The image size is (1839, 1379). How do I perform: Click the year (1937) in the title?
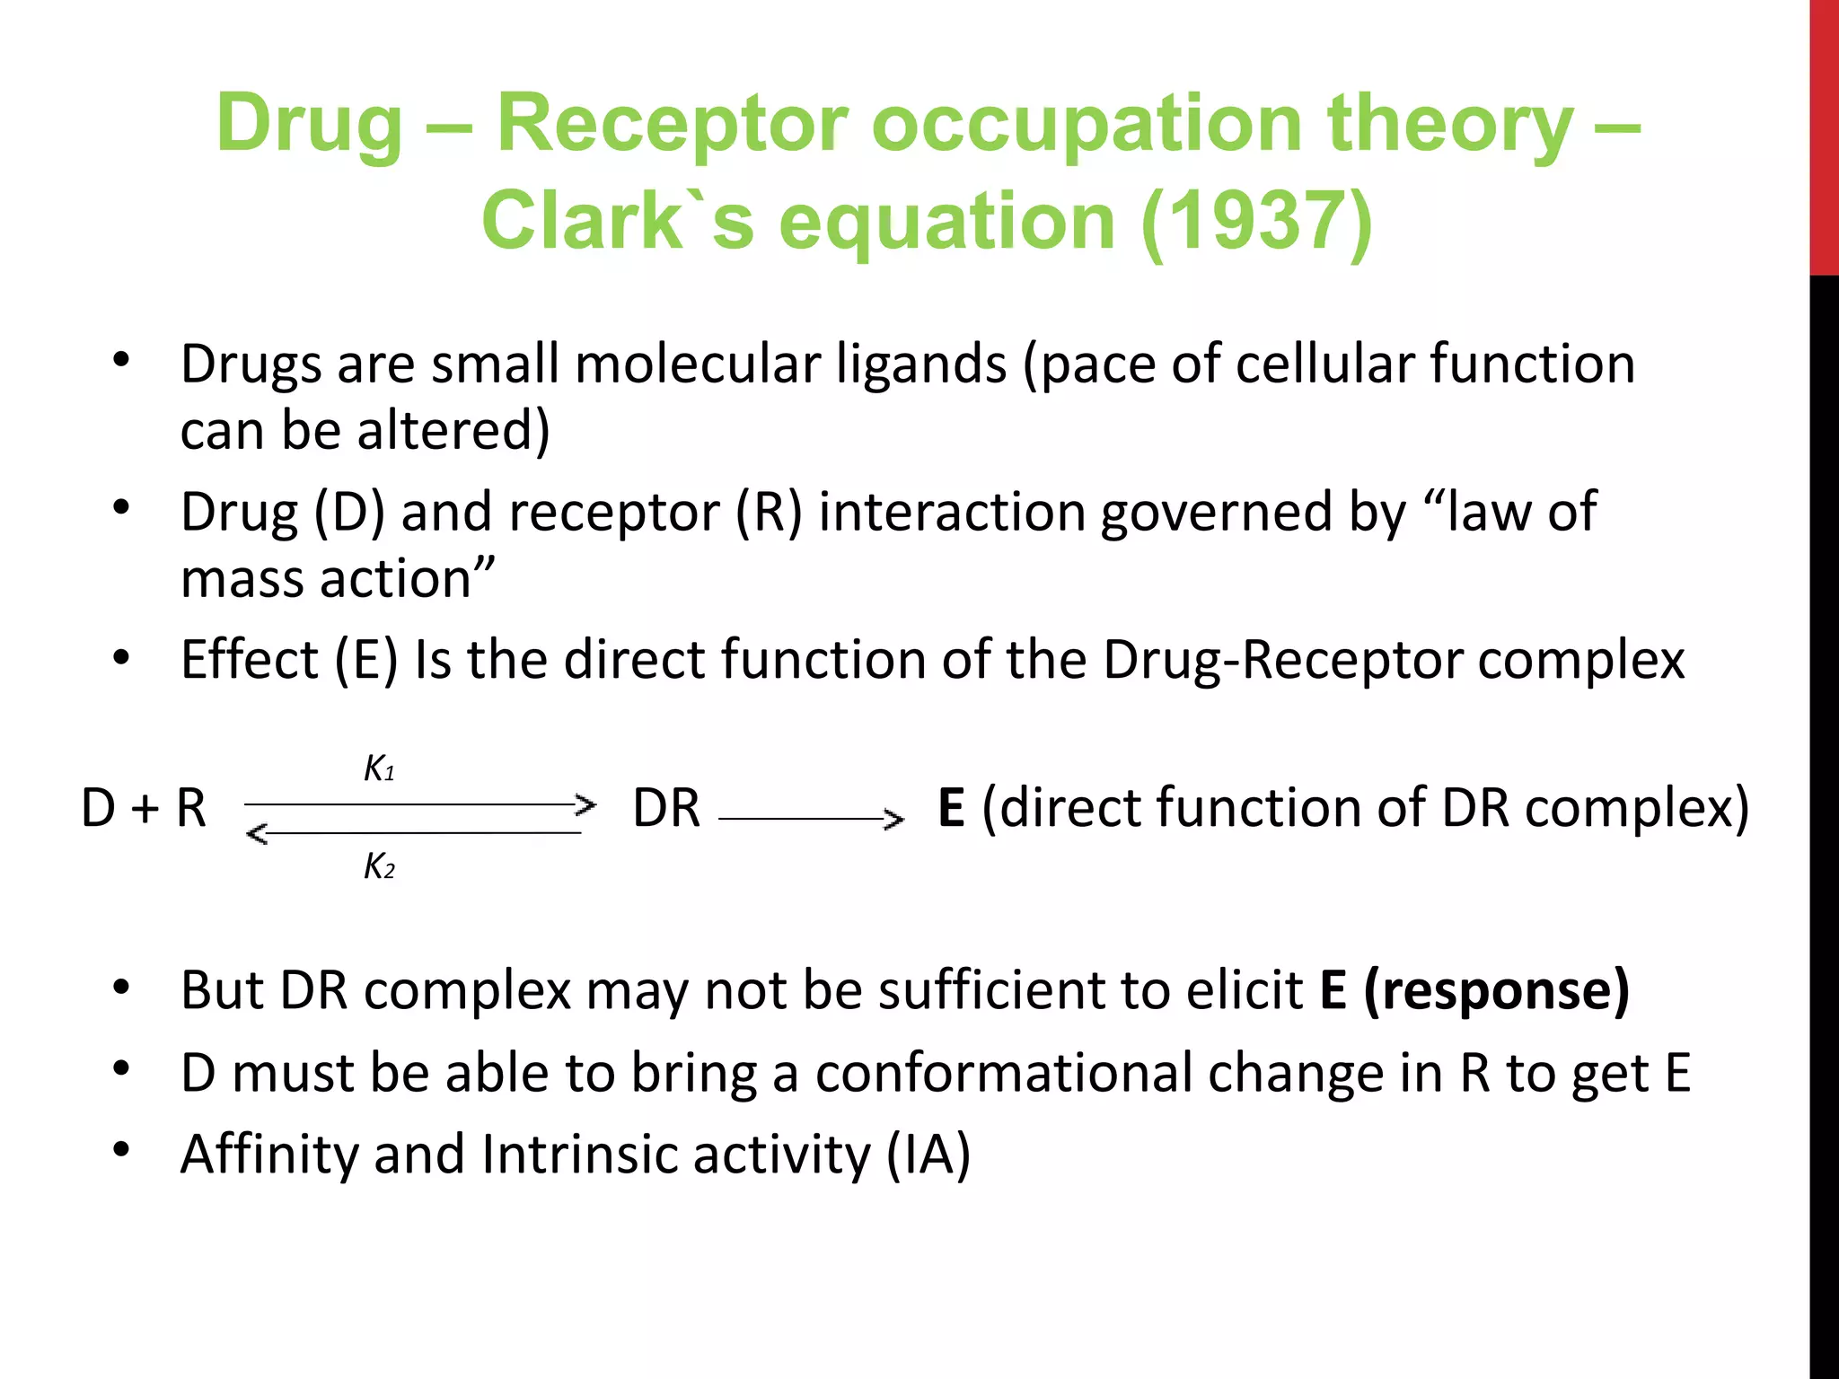click(1256, 222)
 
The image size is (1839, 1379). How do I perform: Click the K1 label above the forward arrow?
click(379, 769)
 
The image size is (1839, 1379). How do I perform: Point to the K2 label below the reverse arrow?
click(379, 867)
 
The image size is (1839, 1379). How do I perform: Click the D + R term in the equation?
click(144, 808)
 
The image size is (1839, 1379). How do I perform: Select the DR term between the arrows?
click(666, 808)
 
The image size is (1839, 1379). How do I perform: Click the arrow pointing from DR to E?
click(811, 819)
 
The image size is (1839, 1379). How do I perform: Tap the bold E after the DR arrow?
click(951, 808)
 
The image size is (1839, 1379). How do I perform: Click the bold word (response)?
click(1496, 991)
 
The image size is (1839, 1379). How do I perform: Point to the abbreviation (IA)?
click(928, 1155)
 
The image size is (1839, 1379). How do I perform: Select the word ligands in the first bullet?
click(921, 365)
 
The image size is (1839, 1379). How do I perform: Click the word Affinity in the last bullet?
click(269, 1155)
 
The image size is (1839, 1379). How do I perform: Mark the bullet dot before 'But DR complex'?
click(122, 987)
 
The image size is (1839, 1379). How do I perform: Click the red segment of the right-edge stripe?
click(1824, 135)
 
